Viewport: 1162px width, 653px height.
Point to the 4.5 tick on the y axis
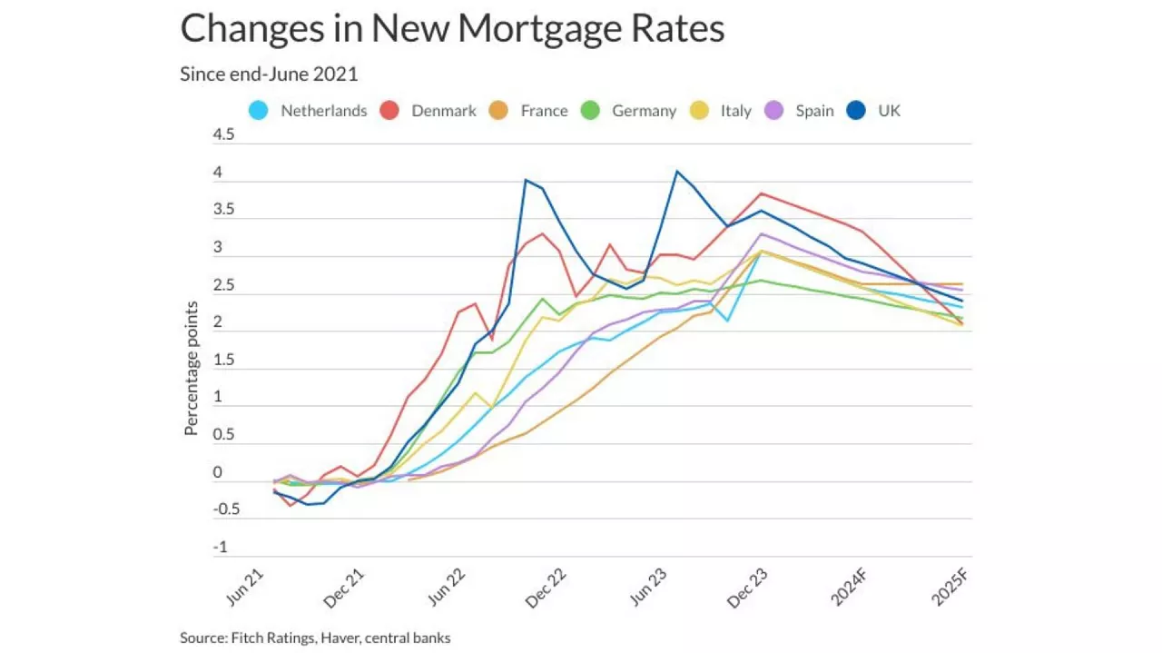click(x=223, y=135)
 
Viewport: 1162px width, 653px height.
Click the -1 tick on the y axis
click(x=221, y=548)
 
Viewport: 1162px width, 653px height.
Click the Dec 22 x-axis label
click(x=547, y=586)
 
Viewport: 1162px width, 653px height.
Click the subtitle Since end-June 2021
click(x=269, y=74)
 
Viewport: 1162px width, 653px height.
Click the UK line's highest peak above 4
click(x=676, y=171)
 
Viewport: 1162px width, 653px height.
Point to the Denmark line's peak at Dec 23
click(x=761, y=193)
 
